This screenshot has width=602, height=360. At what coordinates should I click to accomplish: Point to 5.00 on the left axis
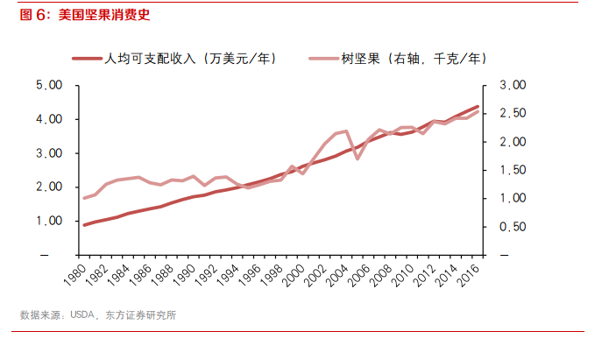pyautogui.click(x=49, y=85)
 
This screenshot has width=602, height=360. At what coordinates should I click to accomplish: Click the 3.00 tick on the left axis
pyautogui.click(x=49, y=153)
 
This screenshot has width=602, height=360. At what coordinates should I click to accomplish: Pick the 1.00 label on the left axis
pyautogui.click(x=49, y=221)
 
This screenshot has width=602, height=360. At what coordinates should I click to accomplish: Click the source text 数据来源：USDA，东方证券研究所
pyautogui.click(x=98, y=315)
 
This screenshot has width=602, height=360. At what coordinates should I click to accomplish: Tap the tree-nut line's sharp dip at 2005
pyautogui.click(x=358, y=158)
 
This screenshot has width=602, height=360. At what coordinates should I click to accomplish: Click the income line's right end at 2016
pyautogui.click(x=478, y=107)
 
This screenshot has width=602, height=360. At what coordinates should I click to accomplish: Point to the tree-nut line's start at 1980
pyautogui.click(x=84, y=198)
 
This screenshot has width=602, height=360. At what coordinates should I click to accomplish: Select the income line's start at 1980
pyautogui.click(x=84, y=225)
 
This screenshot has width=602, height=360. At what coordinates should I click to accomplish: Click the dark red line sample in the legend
pyautogui.click(x=87, y=59)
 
